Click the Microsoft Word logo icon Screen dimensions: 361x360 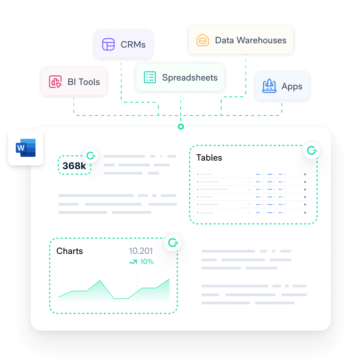tap(26, 148)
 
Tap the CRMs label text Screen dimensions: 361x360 tap(133, 44)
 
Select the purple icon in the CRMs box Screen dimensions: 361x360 tap(108, 44)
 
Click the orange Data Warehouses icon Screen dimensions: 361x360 tap(203, 40)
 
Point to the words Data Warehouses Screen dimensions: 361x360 tap(251, 40)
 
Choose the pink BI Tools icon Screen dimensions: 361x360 tap(55, 82)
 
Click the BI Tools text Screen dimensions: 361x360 tap(84, 82)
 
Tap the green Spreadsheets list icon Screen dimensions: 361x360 tap(150, 77)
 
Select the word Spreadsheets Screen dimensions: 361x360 tap(190, 78)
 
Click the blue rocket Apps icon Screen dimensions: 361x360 tap(269, 86)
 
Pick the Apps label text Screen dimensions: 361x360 tap(292, 86)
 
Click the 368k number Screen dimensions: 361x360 tap(74, 166)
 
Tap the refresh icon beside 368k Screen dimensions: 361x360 tap(90, 156)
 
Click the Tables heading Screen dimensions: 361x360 tap(209, 158)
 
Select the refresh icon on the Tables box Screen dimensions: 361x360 tap(312, 150)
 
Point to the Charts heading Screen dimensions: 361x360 tap(70, 251)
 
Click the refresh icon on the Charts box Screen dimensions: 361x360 tap(173, 242)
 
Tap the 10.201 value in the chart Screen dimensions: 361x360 tap(141, 251)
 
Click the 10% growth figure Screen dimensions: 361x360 tap(147, 262)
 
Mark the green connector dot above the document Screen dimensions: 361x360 tap(181, 127)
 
